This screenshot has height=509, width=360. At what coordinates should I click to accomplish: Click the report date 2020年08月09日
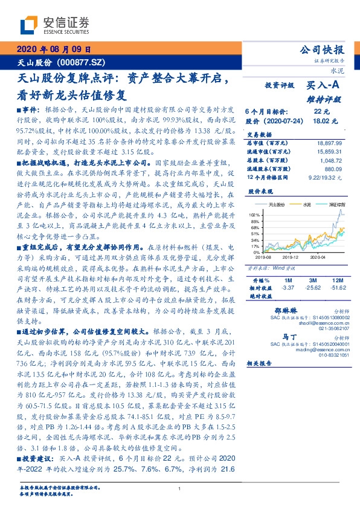pyautogui.click(x=53, y=50)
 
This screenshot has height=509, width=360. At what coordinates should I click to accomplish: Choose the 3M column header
pyautogui.click(x=313, y=280)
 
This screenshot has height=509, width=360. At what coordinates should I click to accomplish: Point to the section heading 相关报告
pyautogui.click(x=260, y=363)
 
